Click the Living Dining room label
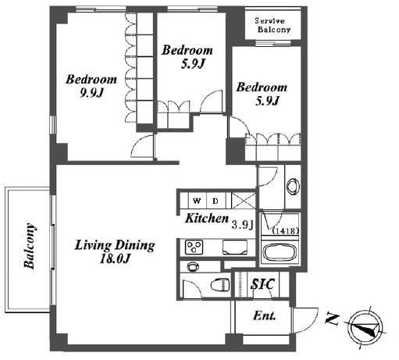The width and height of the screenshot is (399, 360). pyautogui.click(x=115, y=245)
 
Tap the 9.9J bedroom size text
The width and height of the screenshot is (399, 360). pyautogui.click(x=92, y=93)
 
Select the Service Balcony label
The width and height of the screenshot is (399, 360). pyautogui.click(x=273, y=25)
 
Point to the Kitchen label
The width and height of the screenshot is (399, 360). pyautogui.click(x=207, y=219)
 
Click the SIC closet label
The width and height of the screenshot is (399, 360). pyautogui.click(x=262, y=284)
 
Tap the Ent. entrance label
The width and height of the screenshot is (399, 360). pyautogui.click(x=264, y=315)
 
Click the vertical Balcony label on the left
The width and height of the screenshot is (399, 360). pyautogui.click(x=30, y=246)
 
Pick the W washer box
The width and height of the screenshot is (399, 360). pyautogui.click(x=198, y=201)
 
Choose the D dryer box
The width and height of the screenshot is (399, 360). pyautogui.click(x=216, y=201)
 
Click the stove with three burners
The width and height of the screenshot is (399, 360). pyautogui.click(x=194, y=247)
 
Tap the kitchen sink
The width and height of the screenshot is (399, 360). pyautogui.click(x=235, y=248)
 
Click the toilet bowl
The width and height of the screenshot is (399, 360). pyautogui.click(x=220, y=285)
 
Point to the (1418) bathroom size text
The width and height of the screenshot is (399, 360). pyautogui.click(x=286, y=231)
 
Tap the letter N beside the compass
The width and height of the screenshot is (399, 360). pyautogui.click(x=332, y=319)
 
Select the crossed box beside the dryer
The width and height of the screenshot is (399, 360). pyautogui.click(x=244, y=201)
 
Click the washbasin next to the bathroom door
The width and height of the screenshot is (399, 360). pyautogui.click(x=294, y=186)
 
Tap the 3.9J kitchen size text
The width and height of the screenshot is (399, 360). pyautogui.click(x=242, y=225)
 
